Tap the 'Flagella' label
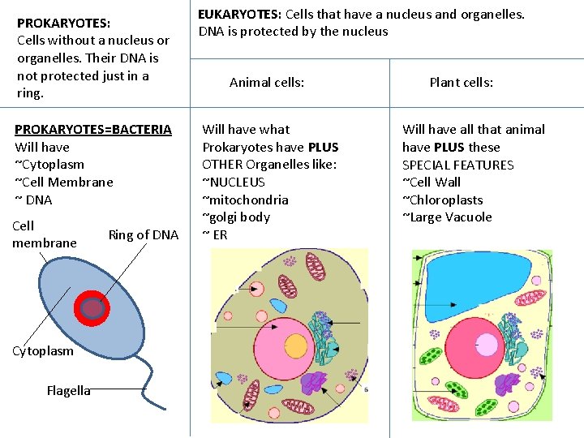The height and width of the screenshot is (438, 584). click(x=68, y=391)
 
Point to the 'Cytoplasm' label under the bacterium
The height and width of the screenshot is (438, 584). click(x=43, y=350)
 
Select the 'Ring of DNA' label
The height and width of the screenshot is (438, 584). click(x=143, y=235)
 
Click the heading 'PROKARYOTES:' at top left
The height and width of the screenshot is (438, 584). click(x=64, y=23)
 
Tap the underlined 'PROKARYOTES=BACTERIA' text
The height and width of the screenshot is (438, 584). click(x=93, y=129)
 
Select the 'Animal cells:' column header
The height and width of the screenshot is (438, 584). click(x=267, y=82)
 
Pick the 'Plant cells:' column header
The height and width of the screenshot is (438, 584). click(x=461, y=82)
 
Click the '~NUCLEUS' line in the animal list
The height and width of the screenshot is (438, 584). click(x=234, y=182)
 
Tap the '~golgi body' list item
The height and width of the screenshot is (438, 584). click(x=236, y=217)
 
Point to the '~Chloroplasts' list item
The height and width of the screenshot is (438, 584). click(x=443, y=200)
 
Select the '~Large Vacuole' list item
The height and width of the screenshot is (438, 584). click(x=447, y=217)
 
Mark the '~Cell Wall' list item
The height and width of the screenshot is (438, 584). click(x=432, y=182)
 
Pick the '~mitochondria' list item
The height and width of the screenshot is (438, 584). click(x=245, y=200)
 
